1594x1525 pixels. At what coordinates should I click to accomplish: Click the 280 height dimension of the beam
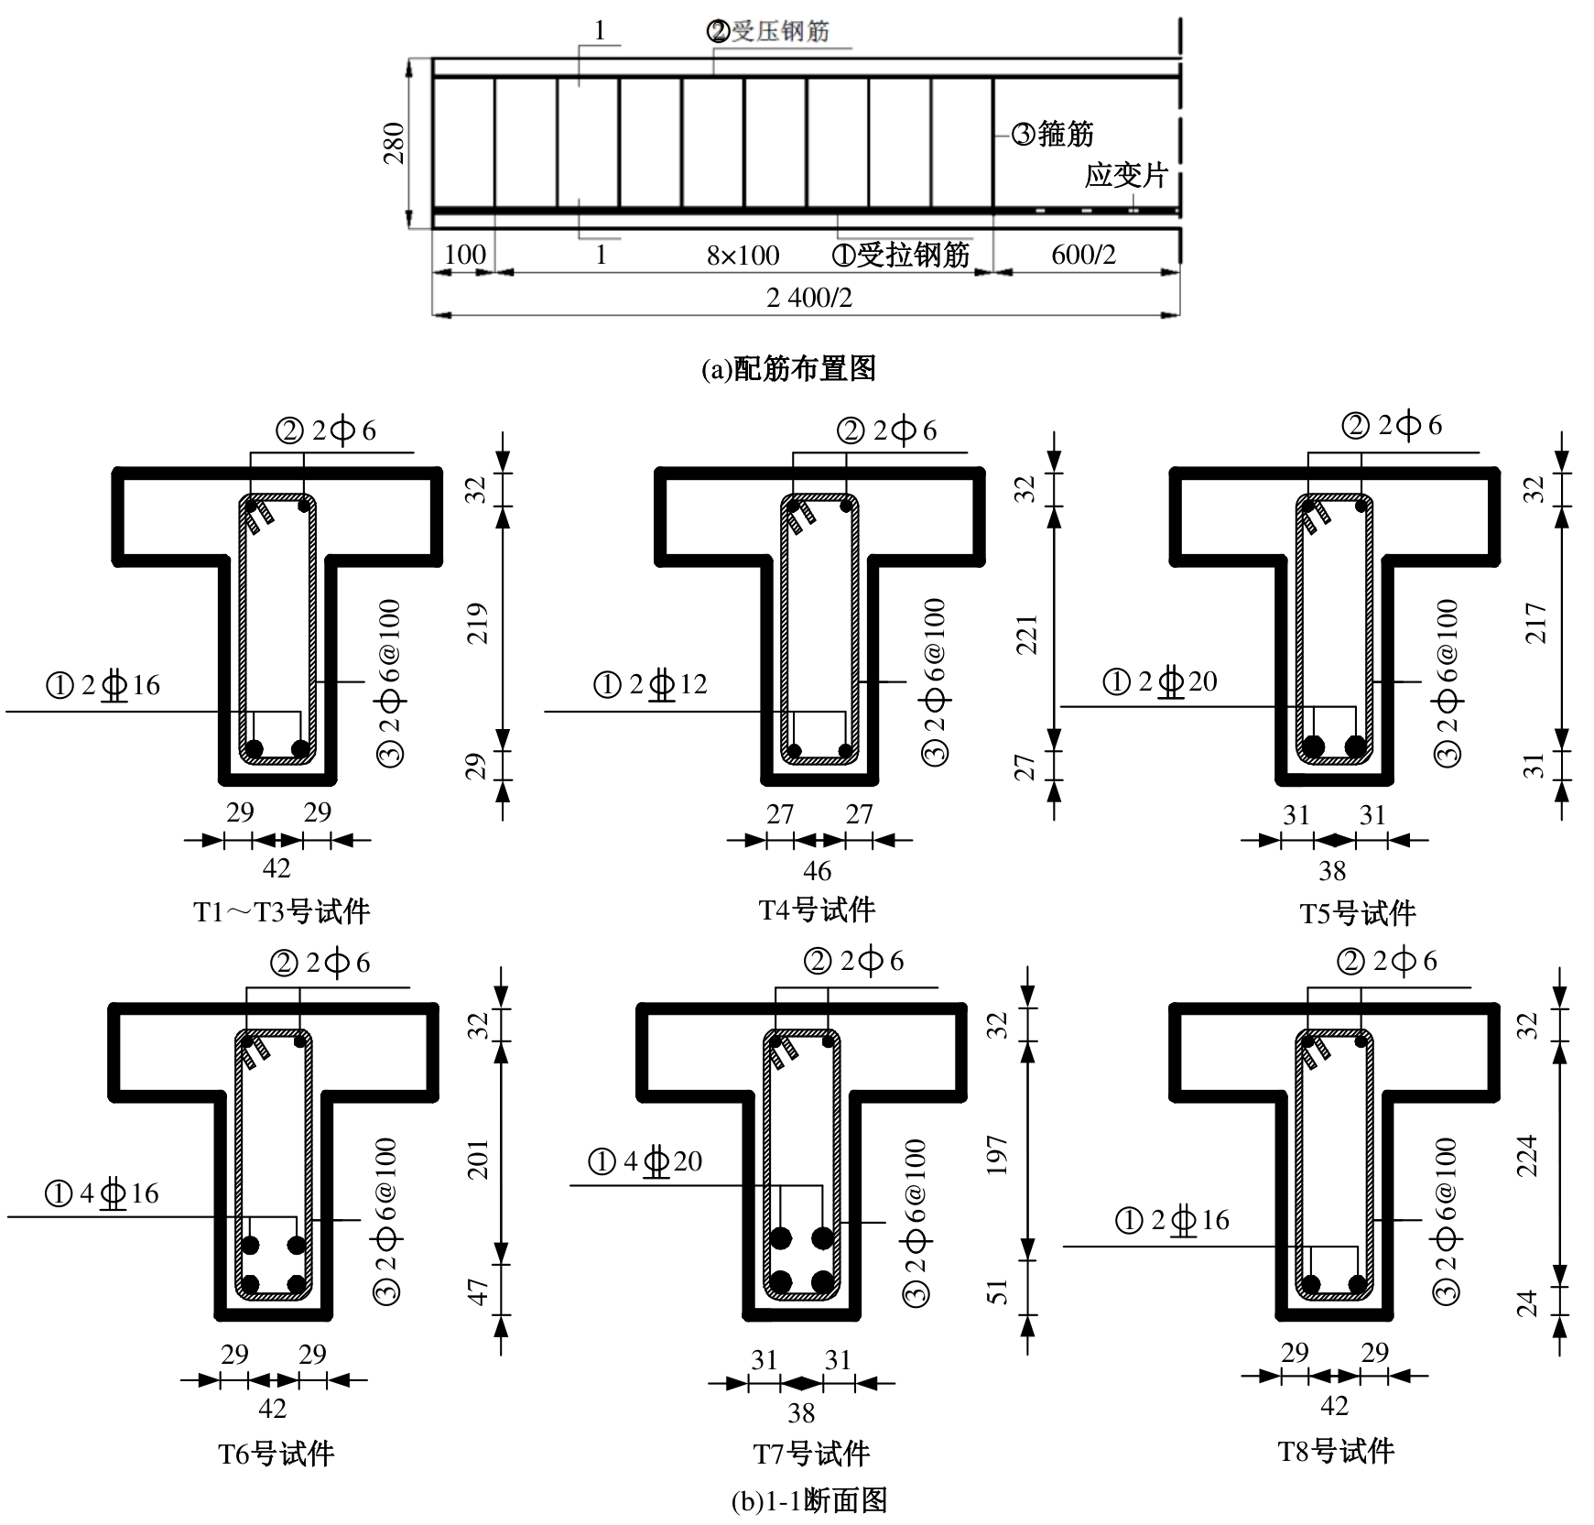click(x=393, y=143)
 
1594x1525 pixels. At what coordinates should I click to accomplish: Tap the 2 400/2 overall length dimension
click(x=809, y=297)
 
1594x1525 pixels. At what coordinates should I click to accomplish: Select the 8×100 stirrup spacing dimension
click(x=743, y=255)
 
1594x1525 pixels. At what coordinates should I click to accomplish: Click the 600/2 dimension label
click(x=1083, y=254)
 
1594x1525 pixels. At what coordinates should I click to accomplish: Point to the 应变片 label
click(x=1126, y=174)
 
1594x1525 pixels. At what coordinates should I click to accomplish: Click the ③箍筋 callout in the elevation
click(x=1053, y=134)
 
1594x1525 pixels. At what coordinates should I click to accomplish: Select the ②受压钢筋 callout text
click(x=767, y=31)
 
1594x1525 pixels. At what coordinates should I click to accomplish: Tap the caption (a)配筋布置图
click(x=789, y=368)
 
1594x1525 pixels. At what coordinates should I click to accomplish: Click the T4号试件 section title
click(x=818, y=910)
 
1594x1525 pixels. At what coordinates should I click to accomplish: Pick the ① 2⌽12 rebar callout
click(x=651, y=684)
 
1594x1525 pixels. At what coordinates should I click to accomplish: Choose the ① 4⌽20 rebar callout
click(x=645, y=1161)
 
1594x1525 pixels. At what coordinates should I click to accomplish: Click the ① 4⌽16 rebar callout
click(x=102, y=1193)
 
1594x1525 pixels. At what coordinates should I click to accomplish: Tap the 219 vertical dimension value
click(x=478, y=623)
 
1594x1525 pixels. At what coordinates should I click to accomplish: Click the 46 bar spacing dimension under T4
click(x=818, y=870)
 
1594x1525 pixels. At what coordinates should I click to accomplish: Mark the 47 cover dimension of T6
click(x=478, y=1292)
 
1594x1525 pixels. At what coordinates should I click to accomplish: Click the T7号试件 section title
click(x=811, y=1454)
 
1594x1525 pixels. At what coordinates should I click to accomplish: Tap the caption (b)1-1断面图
click(x=809, y=1501)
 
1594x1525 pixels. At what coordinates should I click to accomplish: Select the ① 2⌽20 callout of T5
click(x=1160, y=681)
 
